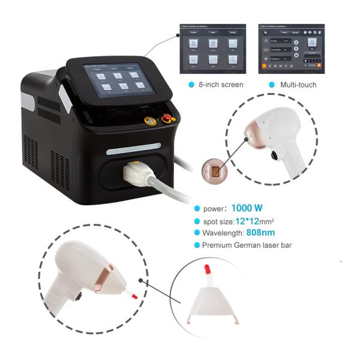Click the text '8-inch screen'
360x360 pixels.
click(220, 85)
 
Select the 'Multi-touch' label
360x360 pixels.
click(298, 85)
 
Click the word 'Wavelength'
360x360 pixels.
click(221, 232)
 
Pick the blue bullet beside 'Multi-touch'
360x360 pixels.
click(273, 85)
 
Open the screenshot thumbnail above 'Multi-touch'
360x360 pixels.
click(291, 50)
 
